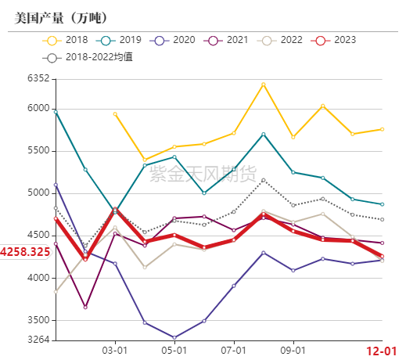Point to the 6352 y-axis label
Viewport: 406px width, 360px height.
[38, 79]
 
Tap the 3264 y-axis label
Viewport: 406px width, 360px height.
[38, 340]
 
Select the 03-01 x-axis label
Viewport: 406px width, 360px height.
[115, 351]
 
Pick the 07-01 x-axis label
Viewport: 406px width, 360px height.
[233, 351]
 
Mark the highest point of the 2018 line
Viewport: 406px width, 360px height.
[263, 84]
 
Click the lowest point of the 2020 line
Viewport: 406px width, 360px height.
[174, 337]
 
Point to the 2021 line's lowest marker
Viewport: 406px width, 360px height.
[85, 307]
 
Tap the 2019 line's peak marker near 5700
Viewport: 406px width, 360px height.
[263, 134]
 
